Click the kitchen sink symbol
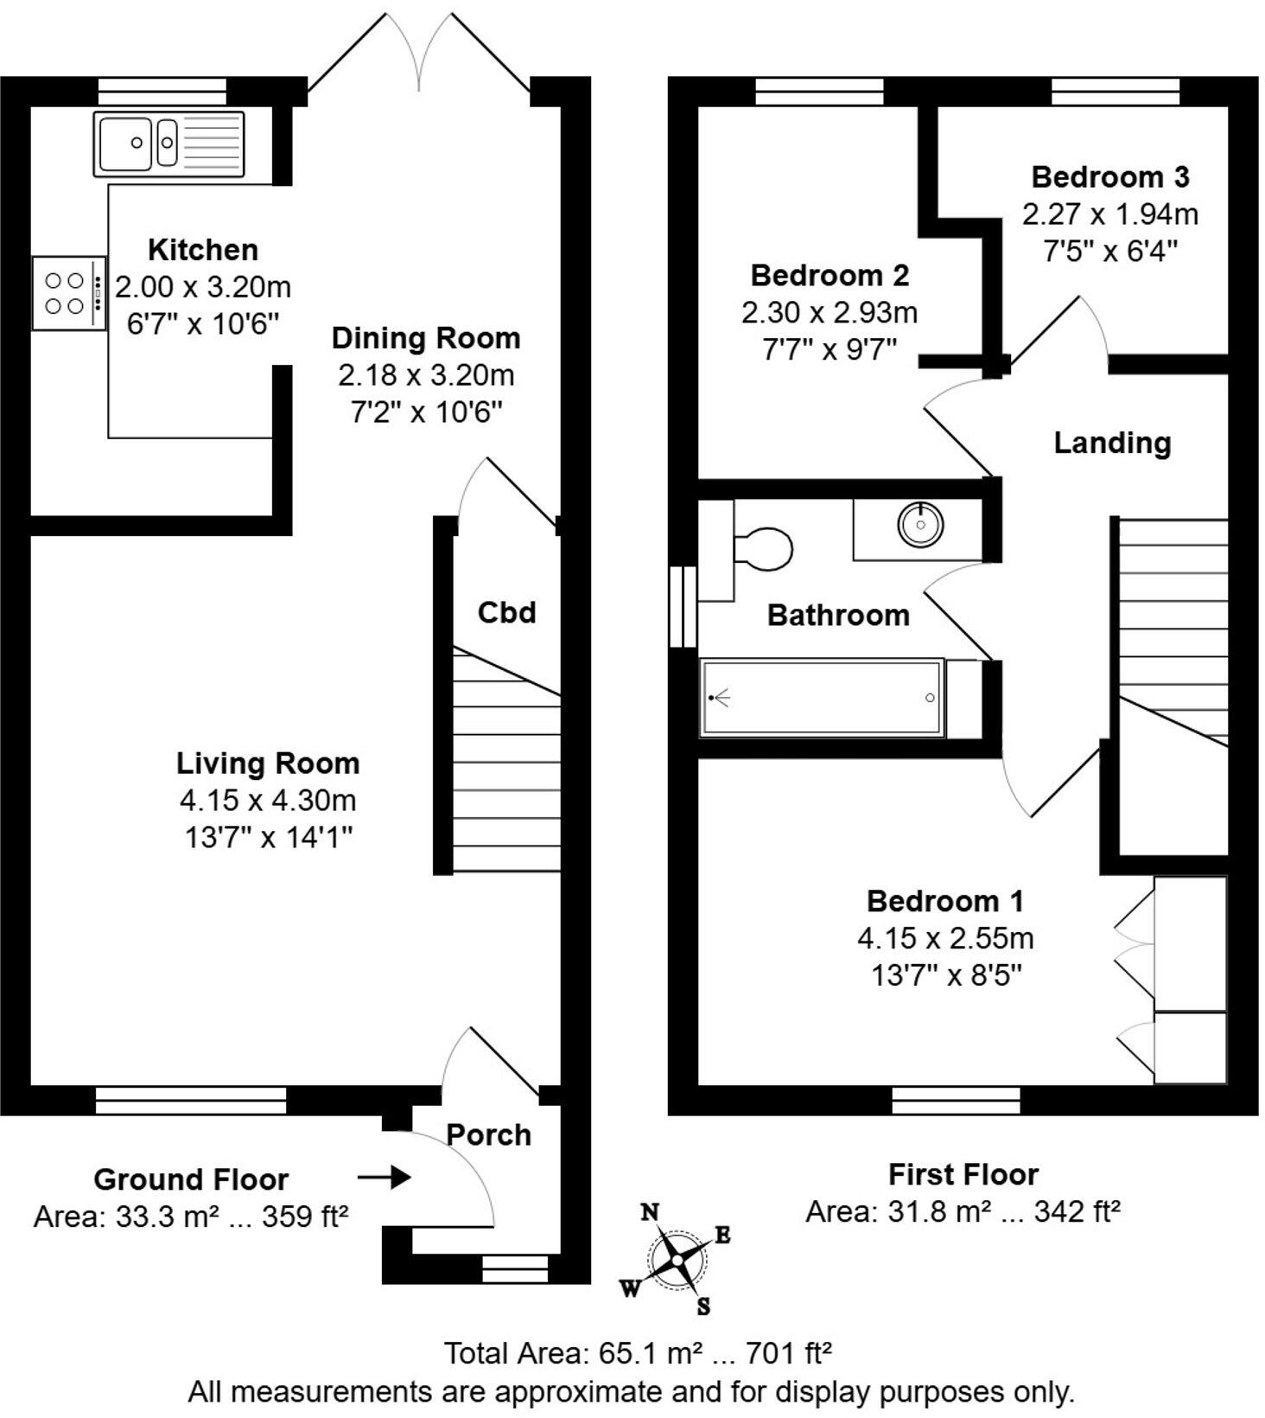point(168,144)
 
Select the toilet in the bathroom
point(760,549)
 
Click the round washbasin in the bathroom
point(919,525)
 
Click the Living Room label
point(268,763)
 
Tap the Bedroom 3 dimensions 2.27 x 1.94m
point(1109,214)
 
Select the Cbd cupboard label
point(506,612)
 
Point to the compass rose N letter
point(650,1212)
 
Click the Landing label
point(1111,443)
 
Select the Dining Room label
point(426,338)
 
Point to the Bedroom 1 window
point(955,1101)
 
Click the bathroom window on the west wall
point(683,607)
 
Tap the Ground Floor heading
point(191,1179)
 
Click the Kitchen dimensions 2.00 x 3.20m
point(203,287)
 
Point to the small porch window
point(514,1269)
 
